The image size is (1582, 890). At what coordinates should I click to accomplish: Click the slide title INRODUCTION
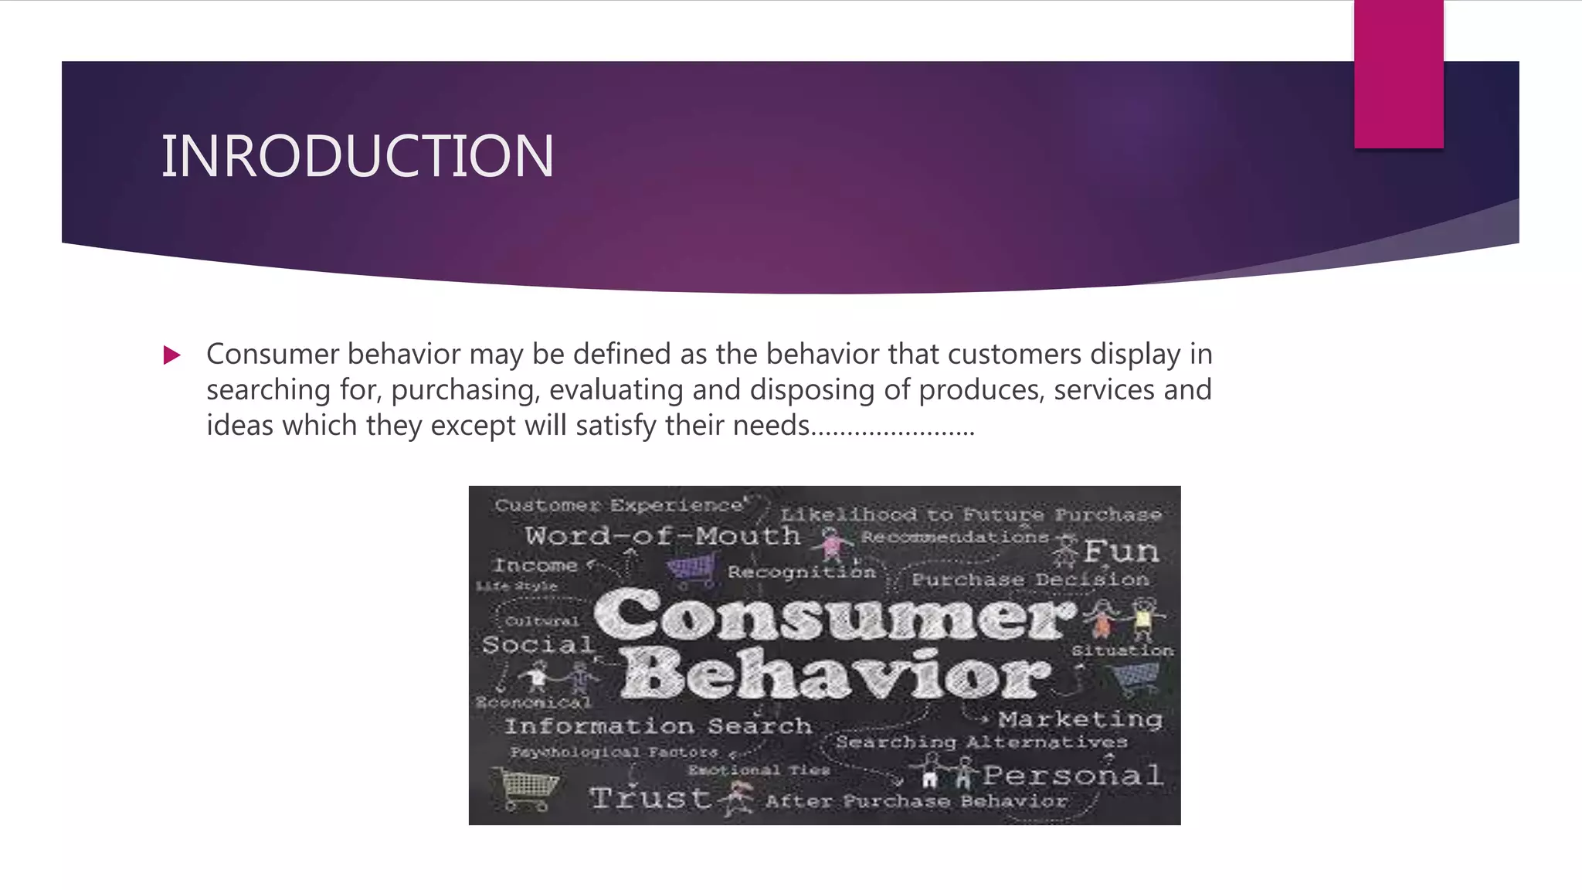click(357, 156)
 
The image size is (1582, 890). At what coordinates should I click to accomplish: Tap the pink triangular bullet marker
click(172, 355)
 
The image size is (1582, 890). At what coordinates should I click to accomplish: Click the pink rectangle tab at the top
click(1398, 74)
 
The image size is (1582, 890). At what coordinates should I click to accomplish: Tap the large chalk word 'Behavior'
click(836, 674)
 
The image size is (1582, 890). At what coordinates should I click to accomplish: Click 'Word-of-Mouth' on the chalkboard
click(662, 535)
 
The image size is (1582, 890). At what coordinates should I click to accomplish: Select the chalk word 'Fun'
click(1121, 551)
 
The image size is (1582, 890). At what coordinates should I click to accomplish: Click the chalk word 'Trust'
click(650, 797)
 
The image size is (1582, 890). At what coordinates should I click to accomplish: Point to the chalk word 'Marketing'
click(1080, 719)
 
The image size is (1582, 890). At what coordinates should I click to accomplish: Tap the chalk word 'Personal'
click(1072, 775)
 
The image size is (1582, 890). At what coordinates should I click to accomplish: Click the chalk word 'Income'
click(535, 566)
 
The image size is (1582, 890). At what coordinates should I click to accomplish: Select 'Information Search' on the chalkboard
click(658, 726)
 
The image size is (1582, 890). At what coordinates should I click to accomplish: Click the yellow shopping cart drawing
click(528, 788)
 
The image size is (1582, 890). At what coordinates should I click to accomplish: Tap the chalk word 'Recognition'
click(801, 572)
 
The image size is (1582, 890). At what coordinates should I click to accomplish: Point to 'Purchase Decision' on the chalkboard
click(1030, 579)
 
